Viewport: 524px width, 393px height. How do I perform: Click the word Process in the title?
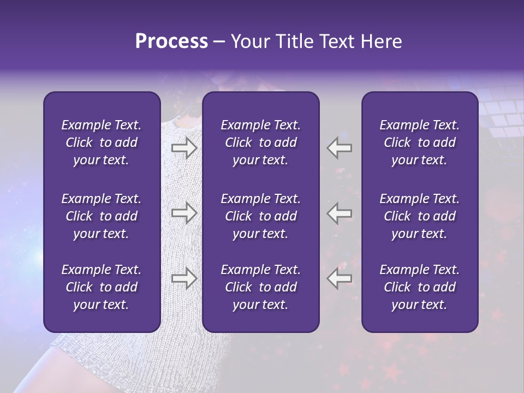tap(171, 41)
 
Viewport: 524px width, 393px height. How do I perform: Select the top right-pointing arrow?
tap(184, 147)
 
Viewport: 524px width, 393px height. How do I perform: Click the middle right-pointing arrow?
tap(184, 213)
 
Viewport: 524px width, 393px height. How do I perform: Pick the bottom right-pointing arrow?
tap(184, 278)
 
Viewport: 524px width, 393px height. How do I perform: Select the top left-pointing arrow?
tap(339, 147)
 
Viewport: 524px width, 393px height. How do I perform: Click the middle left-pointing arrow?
tap(339, 213)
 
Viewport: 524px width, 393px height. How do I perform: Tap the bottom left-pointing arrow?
tap(339, 278)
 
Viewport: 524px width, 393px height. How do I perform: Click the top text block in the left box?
tap(102, 142)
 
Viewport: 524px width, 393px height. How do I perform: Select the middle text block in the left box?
tap(102, 216)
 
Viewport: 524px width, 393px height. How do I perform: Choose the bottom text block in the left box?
tap(102, 287)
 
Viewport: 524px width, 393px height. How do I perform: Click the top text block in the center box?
tap(260, 142)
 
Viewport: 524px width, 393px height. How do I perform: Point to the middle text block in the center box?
tap(260, 216)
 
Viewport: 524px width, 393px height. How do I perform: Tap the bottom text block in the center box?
tap(260, 287)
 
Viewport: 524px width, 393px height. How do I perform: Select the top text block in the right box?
tap(419, 142)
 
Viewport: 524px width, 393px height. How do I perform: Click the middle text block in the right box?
tap(419, 216)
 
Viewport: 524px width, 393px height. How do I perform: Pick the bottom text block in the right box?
tap(419, 287)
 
